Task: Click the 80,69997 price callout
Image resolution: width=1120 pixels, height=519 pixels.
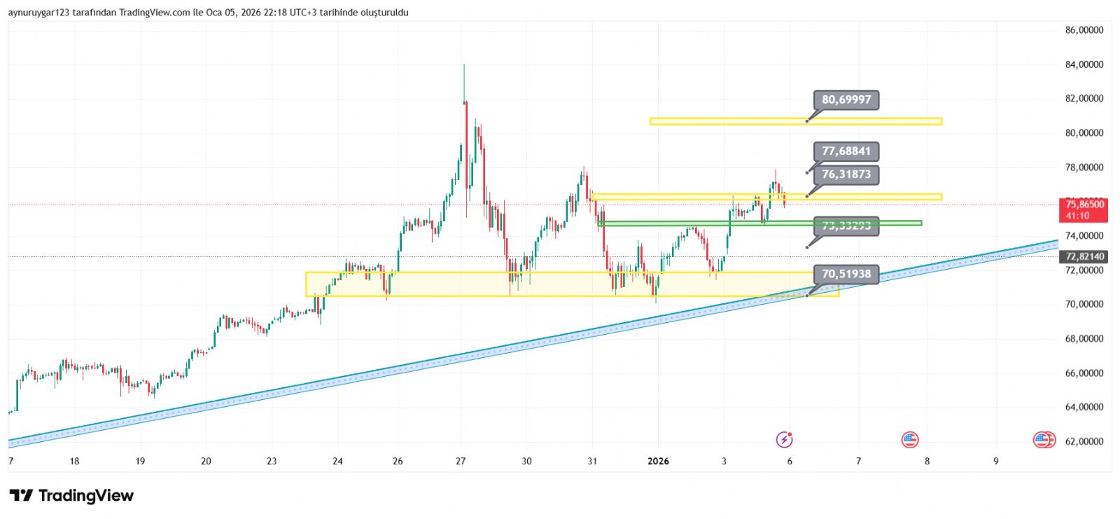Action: pos(846,100)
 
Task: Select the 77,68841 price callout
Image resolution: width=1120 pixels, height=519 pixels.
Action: pos(846,151)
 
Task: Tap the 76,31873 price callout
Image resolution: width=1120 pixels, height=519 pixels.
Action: pos(846,174)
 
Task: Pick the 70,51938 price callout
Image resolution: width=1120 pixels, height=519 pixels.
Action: pos(846,274)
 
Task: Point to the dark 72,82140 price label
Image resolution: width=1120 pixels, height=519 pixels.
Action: pos(1084,257)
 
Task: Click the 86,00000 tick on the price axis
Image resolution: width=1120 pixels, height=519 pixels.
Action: pos(1084,30)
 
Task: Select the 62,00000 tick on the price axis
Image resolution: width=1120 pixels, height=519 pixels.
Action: pos(1084,441)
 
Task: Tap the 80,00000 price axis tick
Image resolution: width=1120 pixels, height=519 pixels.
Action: pos(1084,133)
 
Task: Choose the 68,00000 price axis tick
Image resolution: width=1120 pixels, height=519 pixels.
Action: pos(1084,339)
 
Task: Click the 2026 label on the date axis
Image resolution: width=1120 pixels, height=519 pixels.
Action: pos(658,461)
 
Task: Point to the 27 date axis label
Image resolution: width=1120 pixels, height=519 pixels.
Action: pos(461,461)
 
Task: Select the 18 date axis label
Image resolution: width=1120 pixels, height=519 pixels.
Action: pos(75,461)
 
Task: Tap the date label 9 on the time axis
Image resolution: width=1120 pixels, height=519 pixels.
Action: pos(995,461)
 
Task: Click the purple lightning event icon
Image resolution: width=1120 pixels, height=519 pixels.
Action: pos(784,440)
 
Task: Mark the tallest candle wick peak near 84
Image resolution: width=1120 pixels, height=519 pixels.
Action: pos(464,65)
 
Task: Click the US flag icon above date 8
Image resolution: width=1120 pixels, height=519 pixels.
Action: pos(909,440)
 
